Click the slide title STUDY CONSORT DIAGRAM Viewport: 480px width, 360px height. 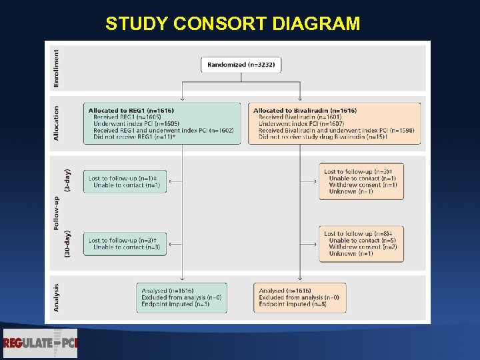233,24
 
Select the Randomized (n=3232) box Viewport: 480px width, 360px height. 241,65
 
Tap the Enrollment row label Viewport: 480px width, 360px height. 56,68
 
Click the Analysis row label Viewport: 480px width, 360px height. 56,297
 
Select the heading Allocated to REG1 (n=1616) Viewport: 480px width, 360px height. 131,110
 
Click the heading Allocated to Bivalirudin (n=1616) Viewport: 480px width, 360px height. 305,110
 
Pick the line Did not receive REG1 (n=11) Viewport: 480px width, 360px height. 134,137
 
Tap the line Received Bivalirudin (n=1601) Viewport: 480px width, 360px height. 300,117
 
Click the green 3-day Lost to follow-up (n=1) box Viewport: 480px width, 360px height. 125,181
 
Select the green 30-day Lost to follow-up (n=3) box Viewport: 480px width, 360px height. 125,243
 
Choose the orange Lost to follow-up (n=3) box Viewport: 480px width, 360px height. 361,181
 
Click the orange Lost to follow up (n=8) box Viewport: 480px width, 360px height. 361,243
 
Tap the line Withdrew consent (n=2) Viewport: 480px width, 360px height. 363,247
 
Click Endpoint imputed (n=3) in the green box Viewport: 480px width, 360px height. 175,304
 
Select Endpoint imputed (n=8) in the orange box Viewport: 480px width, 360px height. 292,304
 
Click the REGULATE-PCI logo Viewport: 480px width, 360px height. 41,343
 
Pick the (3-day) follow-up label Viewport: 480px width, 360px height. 67,181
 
